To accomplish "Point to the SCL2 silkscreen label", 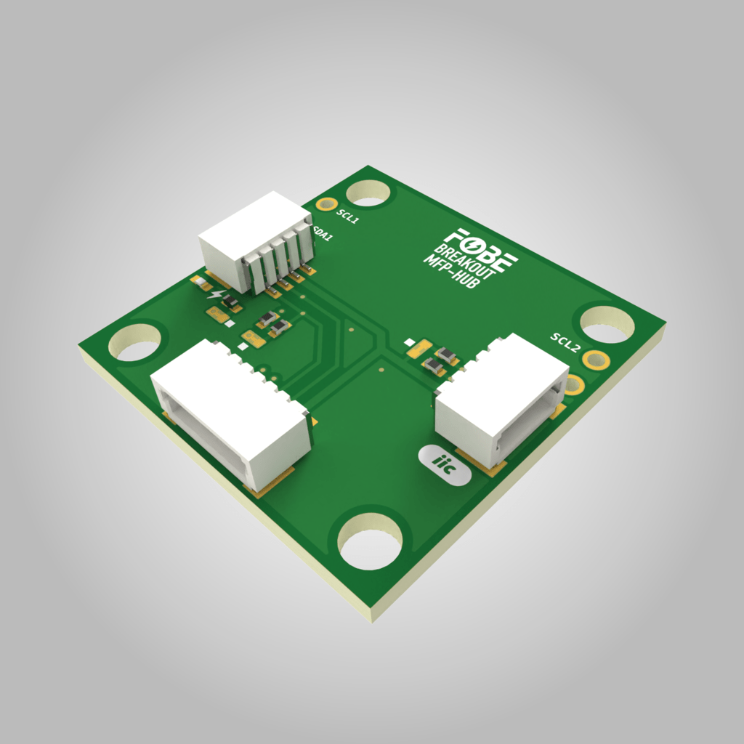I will [565, 343].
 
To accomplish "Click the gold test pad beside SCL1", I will [328, 206].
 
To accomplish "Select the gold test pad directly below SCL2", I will [597, 359].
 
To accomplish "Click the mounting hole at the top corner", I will [369, 193].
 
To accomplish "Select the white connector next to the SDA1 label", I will [256, 238].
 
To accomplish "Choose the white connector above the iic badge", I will [501, 398].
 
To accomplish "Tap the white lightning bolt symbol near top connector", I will [214, 295].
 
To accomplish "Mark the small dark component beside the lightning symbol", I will [230, 302].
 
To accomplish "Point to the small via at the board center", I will [379, 368].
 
